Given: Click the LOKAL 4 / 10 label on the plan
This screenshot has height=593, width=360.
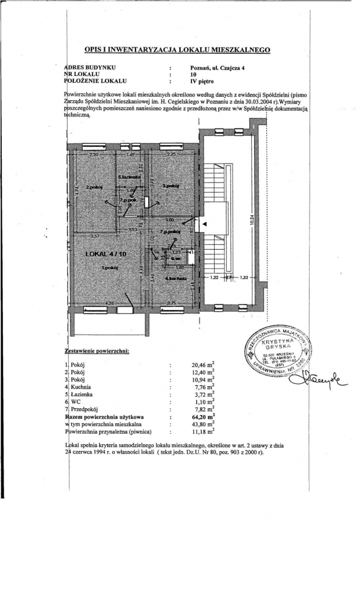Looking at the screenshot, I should tap(106, 254).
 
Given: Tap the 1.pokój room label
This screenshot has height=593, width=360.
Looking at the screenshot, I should tap(109, 268).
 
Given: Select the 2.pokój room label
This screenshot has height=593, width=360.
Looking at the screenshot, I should tap(94, 187).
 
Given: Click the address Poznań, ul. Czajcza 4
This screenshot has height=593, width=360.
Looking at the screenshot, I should tap(217, 67).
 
